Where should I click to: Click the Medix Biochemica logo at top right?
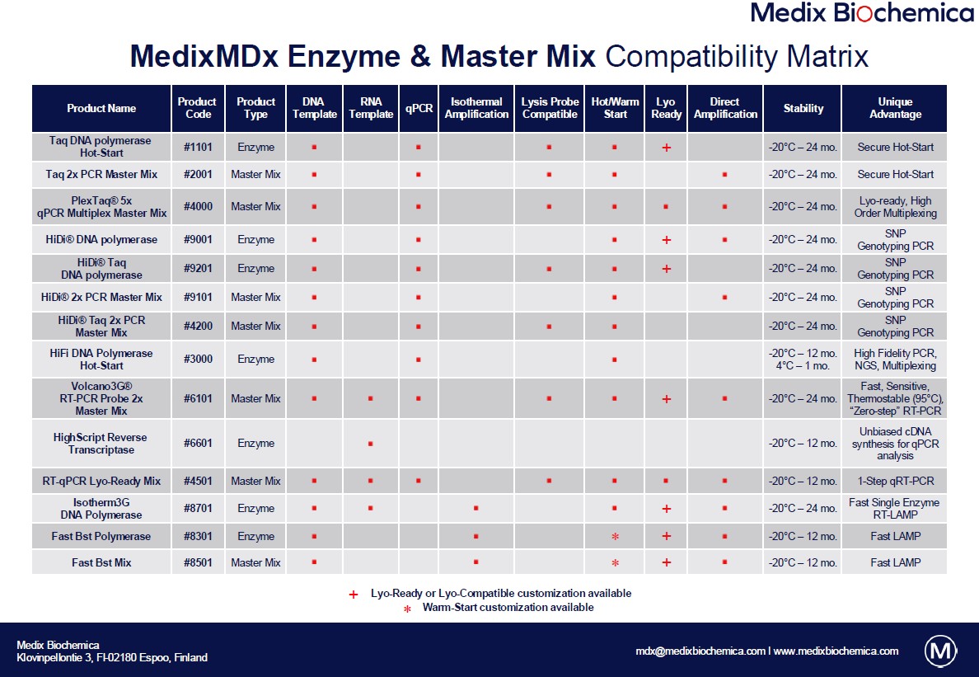862,13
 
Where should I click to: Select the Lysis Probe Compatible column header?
550,108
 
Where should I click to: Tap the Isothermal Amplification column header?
476,108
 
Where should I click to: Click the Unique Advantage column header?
895,108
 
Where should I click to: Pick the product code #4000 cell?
198,207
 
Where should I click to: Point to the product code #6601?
198,444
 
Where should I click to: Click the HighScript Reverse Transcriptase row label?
101,444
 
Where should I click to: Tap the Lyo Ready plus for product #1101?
666,148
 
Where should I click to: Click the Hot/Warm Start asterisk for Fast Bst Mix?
615,563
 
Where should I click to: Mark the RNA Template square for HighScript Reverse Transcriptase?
371,444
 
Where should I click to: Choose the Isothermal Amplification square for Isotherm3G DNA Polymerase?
476,509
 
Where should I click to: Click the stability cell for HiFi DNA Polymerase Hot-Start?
803,360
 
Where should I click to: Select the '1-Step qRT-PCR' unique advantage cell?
895,482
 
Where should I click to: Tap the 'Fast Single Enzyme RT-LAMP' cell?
895,509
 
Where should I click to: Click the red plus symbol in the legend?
354,594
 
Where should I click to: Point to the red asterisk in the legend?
407,609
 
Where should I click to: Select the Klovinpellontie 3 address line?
112,658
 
